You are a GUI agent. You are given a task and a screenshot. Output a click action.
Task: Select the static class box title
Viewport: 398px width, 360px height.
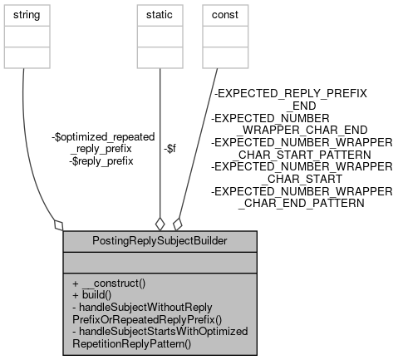(x=158, y=15)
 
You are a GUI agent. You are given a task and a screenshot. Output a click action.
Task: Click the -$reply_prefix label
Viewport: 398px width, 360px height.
(x=101, y=160)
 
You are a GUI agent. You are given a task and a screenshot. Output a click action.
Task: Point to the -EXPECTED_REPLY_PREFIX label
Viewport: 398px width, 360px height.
(x=291, y=94)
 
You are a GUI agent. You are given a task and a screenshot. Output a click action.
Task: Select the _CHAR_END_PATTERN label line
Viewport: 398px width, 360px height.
(x=302, y=202)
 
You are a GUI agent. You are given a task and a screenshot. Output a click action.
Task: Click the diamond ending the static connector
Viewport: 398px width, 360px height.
(x=159, y=223)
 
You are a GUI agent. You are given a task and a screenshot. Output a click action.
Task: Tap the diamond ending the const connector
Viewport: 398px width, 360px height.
(x=177, y=222)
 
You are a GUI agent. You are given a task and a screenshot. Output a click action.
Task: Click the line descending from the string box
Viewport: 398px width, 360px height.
(x=26, y=125)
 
